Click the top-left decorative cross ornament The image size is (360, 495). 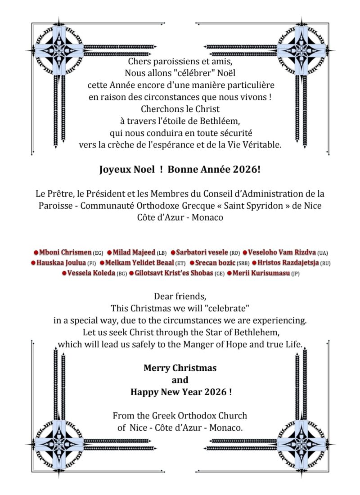coord(59,50)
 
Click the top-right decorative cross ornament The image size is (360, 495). coord(301,50)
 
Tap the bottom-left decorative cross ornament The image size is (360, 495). coord(59,443)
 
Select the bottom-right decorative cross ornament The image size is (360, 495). coord(301,443)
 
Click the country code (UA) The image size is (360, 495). coord(323,253)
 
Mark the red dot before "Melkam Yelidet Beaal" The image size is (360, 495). coord(102,263)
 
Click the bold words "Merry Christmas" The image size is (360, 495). coord(180,368)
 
